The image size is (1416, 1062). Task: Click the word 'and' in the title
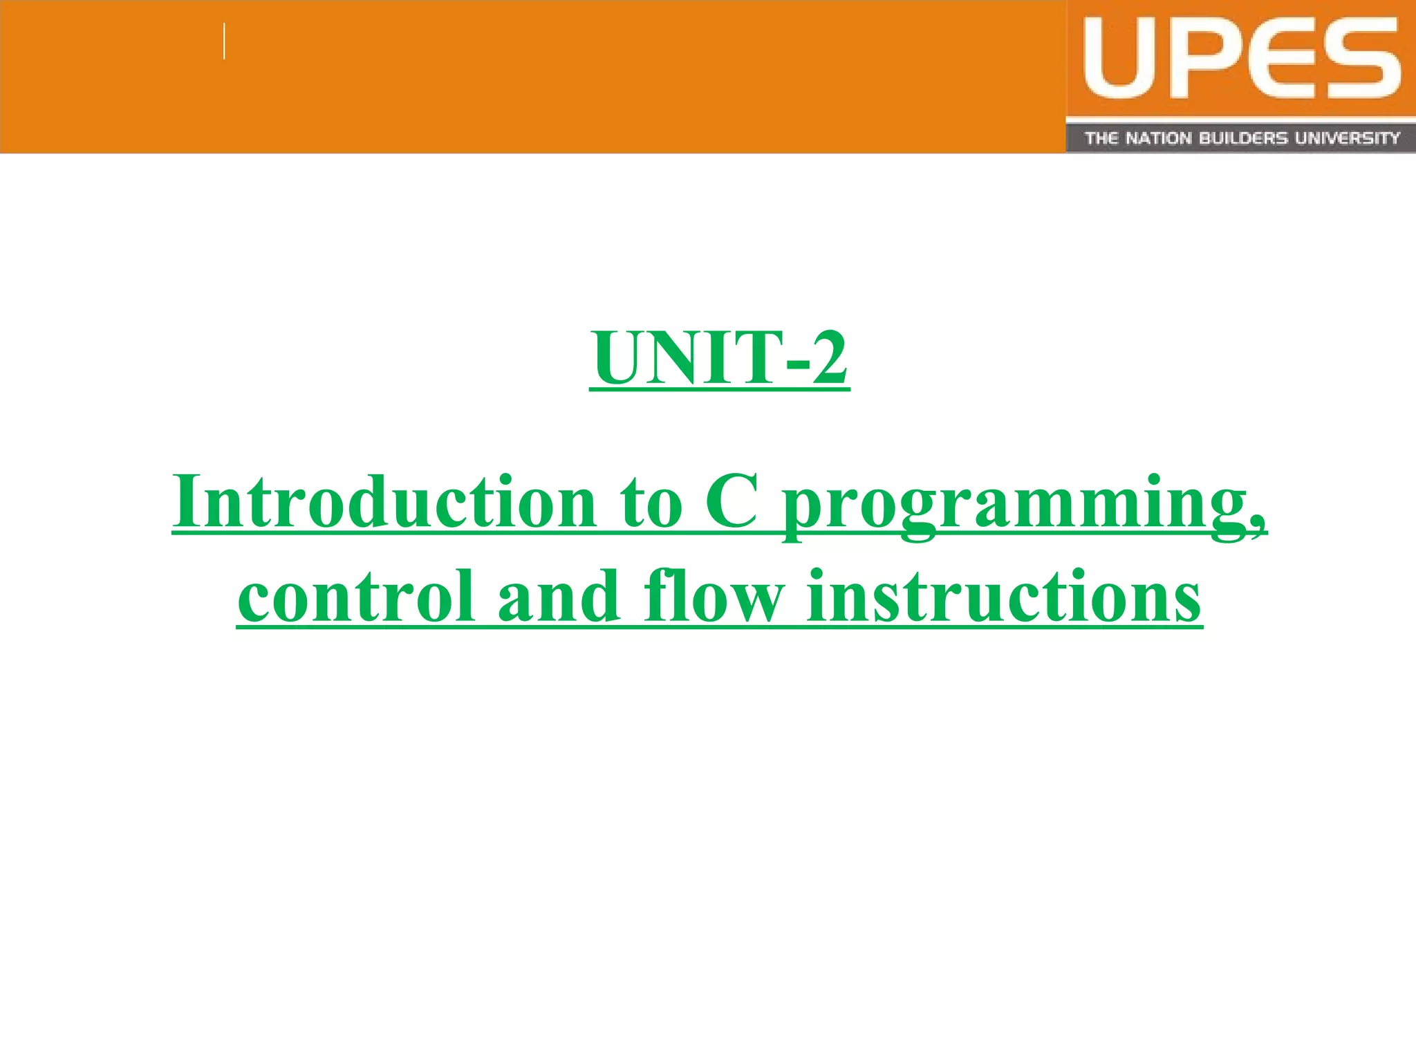point(559,596)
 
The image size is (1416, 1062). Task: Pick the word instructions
point(1003,596)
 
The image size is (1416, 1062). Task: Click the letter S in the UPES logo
point(1359,59)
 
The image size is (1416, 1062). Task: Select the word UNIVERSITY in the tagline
point(1348,138)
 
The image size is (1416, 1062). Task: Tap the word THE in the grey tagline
point(1101,138)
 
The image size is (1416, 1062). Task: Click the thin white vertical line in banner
point(225,41)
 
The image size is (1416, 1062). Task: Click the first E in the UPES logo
point(1277,59)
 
